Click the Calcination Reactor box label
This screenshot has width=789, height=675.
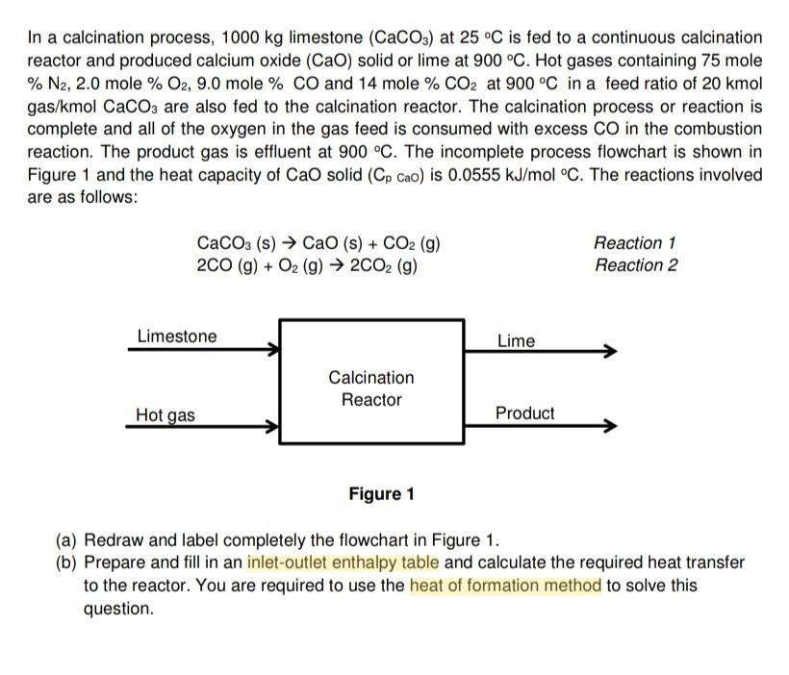[371, 388]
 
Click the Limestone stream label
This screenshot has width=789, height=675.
[177, 337]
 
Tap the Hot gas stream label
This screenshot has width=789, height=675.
[165, 415]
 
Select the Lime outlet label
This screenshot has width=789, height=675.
[517, 340]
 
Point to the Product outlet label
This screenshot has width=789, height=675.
[524, 413]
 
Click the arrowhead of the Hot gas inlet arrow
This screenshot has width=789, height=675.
[274, 425]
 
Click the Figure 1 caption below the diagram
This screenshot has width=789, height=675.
[381, 494]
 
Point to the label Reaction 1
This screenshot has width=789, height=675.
[635, 243]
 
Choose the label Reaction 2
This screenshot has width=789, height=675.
[635, 265]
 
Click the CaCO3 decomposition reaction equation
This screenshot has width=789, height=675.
[318, 243]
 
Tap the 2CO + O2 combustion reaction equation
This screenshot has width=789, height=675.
[307, 265]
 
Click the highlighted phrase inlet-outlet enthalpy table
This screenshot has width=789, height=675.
[343, 562]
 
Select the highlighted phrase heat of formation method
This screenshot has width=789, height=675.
[505, 586]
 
